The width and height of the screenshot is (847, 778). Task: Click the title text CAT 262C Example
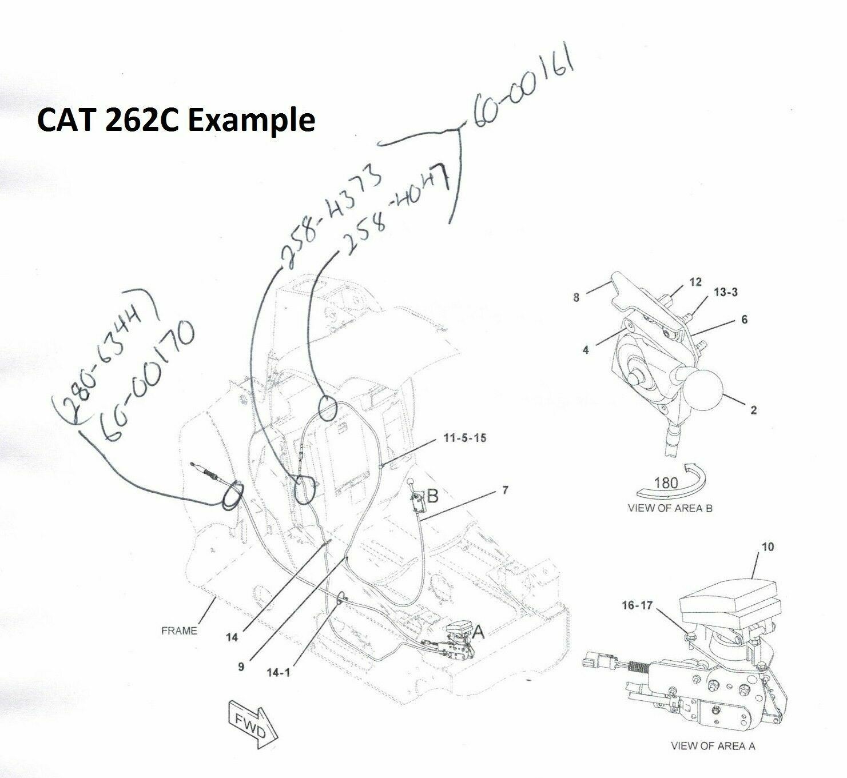tap(176, 121)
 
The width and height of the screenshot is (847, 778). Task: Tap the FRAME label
tap(179, 631)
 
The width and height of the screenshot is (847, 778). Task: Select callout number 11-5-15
tap(464, 438)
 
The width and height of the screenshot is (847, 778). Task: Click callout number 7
tap(504, 490)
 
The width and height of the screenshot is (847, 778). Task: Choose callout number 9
tap(241, 667)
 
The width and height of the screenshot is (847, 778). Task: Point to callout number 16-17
tap(636, 605)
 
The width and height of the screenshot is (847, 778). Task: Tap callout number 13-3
tap(725, 292)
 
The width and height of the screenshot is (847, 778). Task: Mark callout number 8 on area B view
tap(576, 297)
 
